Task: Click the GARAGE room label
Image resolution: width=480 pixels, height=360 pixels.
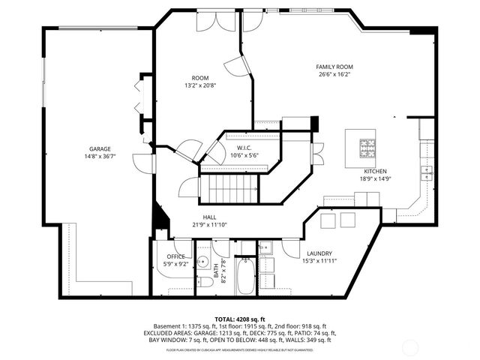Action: tap(100, 148)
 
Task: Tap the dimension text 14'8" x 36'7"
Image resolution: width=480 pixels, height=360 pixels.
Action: tap(100, 156)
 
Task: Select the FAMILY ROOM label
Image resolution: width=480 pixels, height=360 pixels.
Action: tap(335, 67)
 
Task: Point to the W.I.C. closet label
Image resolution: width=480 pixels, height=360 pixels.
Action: tap(244, 147)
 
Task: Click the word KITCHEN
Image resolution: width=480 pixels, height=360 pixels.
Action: tap(376, 171)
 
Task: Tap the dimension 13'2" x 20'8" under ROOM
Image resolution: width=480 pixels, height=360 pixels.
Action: tap(199, 85)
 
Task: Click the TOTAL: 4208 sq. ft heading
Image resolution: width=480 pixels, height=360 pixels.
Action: tap(240, 319)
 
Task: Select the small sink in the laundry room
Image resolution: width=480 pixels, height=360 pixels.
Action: tap(265, 248)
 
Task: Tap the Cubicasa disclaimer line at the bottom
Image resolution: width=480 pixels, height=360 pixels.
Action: tap(240, 349)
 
